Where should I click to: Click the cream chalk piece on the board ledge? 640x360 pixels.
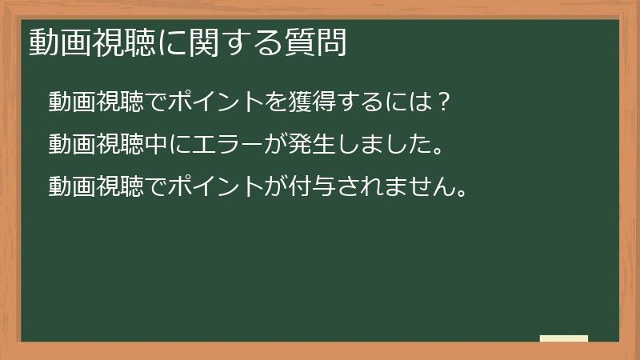click(563, 338)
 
